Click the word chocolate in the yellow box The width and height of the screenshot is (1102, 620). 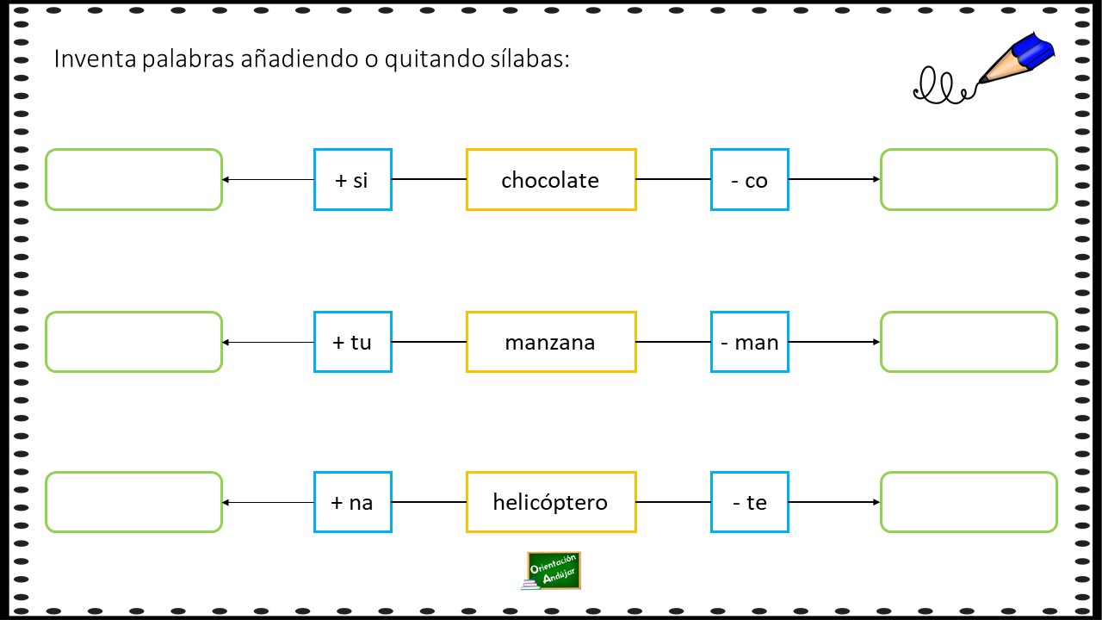(550, 180)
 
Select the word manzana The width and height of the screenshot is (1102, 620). (550, 343)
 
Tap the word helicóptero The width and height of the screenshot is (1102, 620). (550, 503)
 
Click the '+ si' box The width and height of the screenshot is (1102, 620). (353, 180)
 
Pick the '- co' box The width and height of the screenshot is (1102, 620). (750, 180)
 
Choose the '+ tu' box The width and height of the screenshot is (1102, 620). (353, 342)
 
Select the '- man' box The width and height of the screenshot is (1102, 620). (750, 342)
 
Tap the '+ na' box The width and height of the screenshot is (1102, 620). (353, 502)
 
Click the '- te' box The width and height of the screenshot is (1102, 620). (750, 502)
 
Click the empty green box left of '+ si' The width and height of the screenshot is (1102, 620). (133, 180)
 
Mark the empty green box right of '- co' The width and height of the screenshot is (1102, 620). (969, 180)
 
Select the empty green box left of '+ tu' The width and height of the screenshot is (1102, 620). (133, 342)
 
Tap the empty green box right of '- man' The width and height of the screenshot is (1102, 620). (969, 342)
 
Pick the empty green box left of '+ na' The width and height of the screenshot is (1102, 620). (133, 502)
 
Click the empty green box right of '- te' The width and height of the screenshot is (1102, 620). (969, 502)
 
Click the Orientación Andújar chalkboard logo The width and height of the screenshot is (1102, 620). (552, 571)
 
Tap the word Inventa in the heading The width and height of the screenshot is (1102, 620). (95, 59)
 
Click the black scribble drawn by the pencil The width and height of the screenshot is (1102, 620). (944, 87)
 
